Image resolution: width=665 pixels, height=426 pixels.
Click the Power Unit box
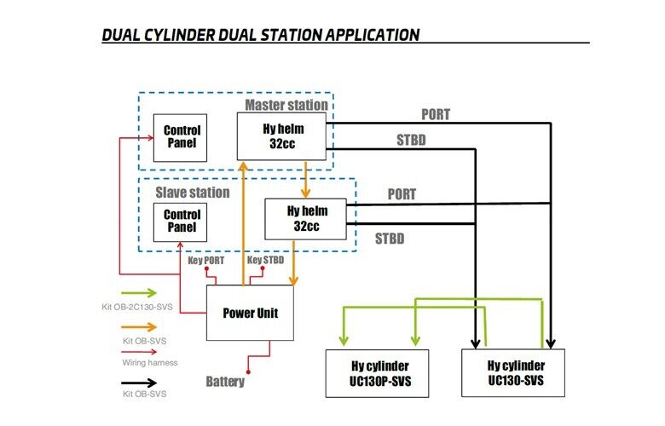(x=251, y=313)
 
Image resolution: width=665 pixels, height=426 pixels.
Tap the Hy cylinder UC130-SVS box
(x=514, y=373)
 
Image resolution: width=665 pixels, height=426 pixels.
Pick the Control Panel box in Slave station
(x=182, y=221)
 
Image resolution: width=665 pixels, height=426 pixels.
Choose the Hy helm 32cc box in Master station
(x=283, y=136)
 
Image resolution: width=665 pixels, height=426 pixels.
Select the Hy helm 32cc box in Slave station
(x=304, y=219)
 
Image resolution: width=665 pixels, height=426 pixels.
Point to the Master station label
(x=286, y=105)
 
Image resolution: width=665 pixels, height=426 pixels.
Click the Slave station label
(x=193, y=192)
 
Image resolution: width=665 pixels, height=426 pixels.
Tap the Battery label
(x=225, y=381)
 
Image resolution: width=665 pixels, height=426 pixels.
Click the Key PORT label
(x=206, y=260)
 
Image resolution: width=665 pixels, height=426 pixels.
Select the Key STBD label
(x=266, y=260)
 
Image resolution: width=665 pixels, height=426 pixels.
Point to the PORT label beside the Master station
(x=436, y=114)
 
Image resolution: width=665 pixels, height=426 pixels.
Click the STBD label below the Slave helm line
(x=390, y=239)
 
